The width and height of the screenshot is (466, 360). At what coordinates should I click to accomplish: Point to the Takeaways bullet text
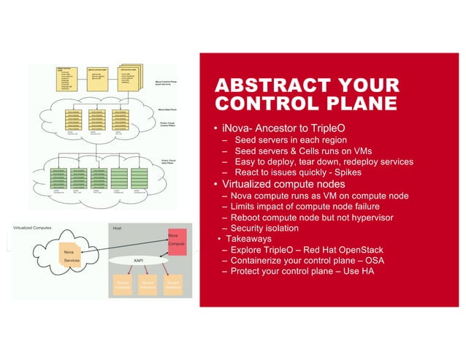[x=248, y=238]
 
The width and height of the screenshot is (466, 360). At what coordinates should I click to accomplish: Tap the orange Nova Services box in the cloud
[x=71, y=255]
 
